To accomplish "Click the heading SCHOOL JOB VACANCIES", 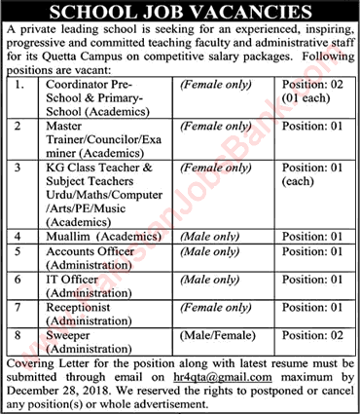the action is tap(180, 13).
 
